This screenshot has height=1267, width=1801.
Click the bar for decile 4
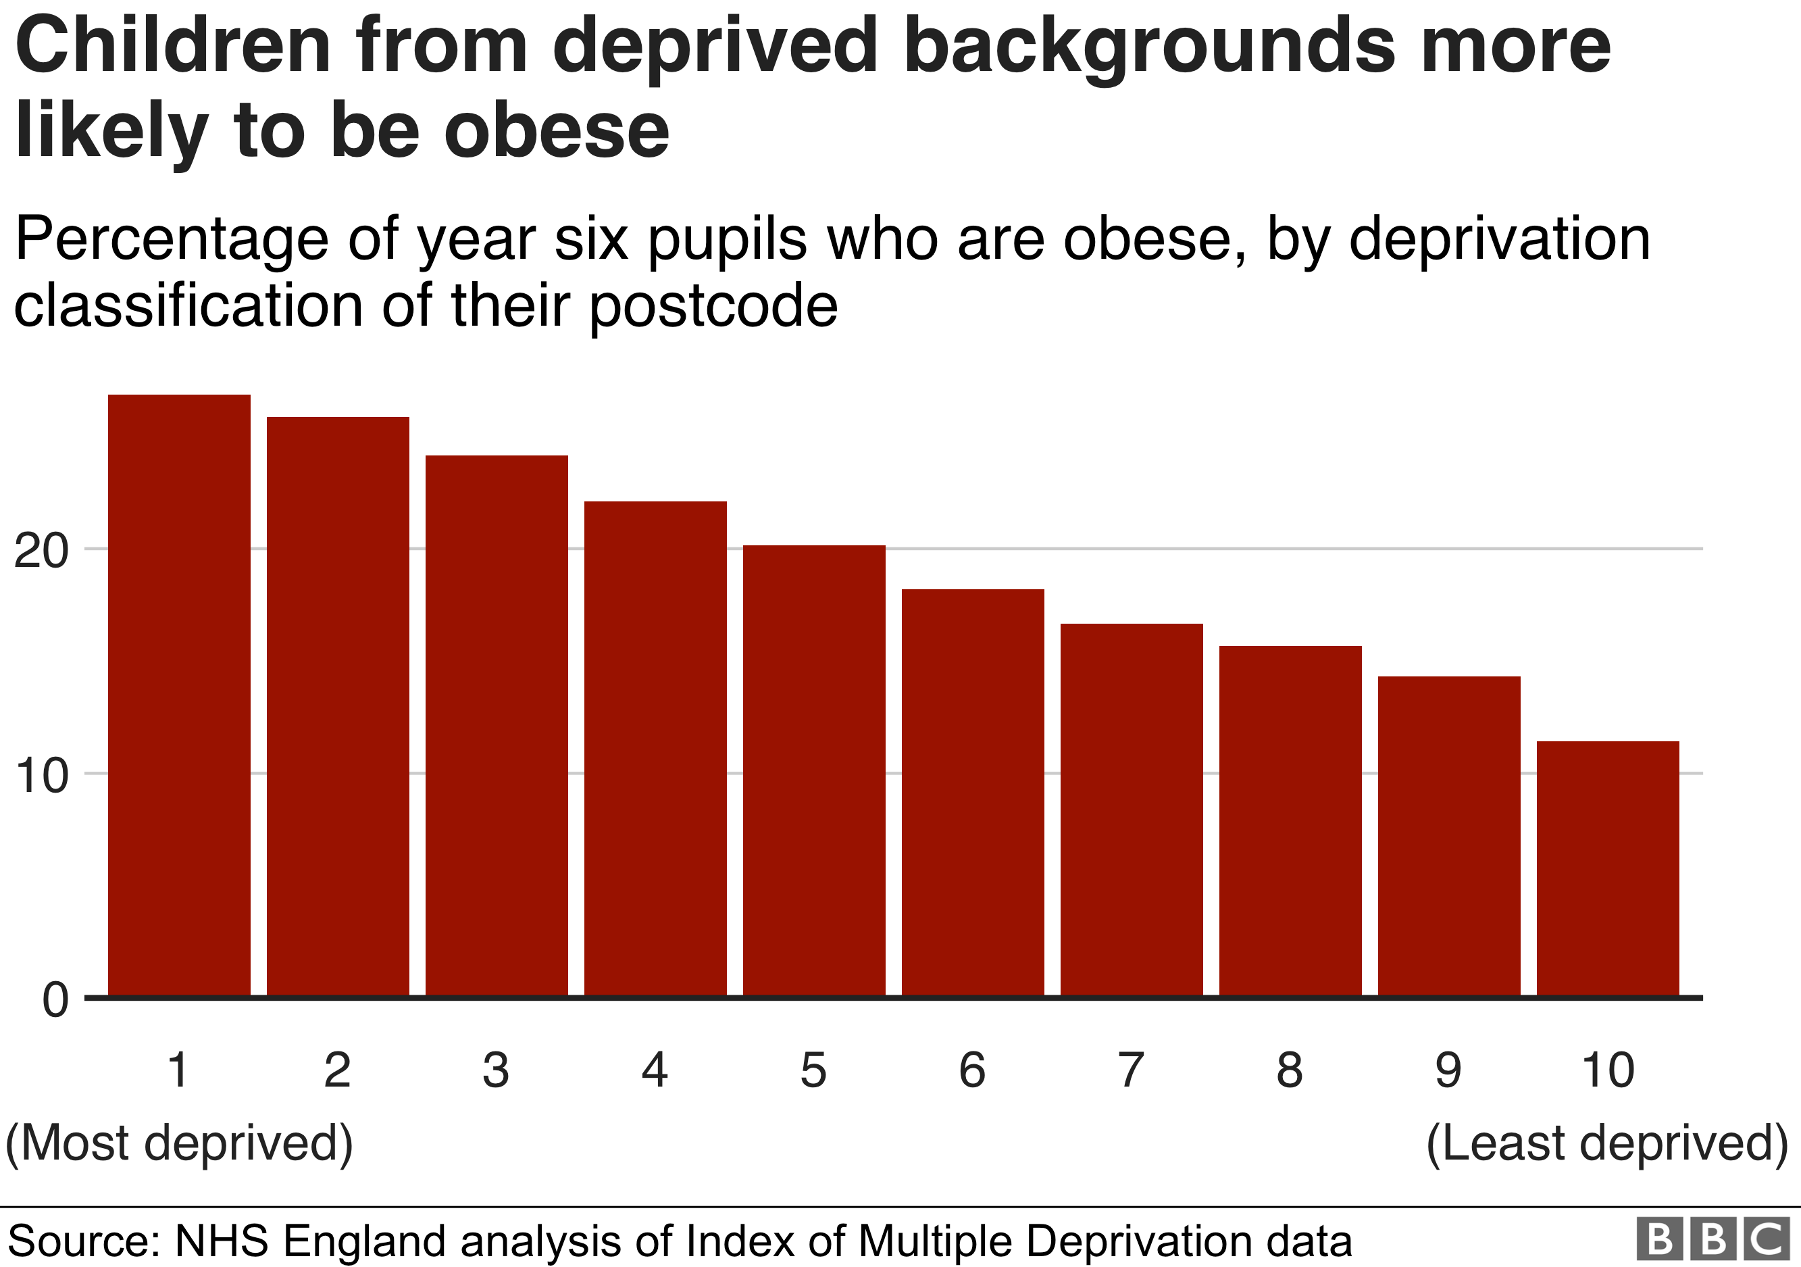tap(655, 749)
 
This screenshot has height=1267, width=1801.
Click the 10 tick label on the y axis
tap(41, 776)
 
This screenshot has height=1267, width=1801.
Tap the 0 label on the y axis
tap(55, 1000)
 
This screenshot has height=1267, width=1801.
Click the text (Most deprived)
tap(179, 1142)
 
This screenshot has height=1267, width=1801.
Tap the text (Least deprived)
tap(1606, 1142)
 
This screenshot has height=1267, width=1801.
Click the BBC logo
tap(1713, 1239)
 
